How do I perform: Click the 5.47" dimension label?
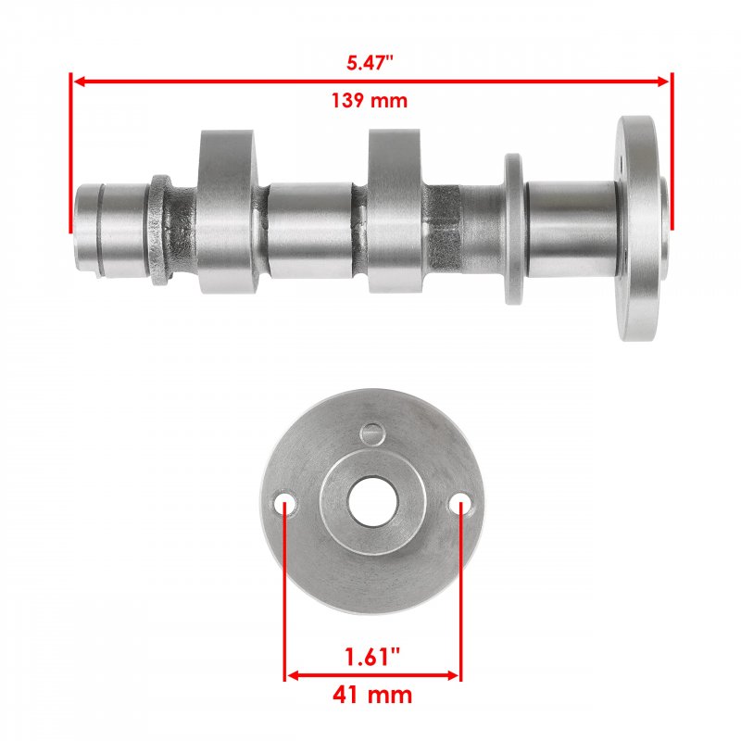point(370,63)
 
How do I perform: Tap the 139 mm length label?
point(369,101)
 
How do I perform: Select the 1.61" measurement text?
point(372,657)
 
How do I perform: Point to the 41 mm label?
point(372,696)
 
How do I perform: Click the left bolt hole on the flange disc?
point(285,504)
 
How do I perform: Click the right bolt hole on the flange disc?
point(459,504)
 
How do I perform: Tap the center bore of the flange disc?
point(373,502)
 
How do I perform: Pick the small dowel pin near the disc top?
point(372,434)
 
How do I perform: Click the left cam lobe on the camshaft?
point(227,211)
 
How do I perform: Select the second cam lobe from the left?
point(394,211)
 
